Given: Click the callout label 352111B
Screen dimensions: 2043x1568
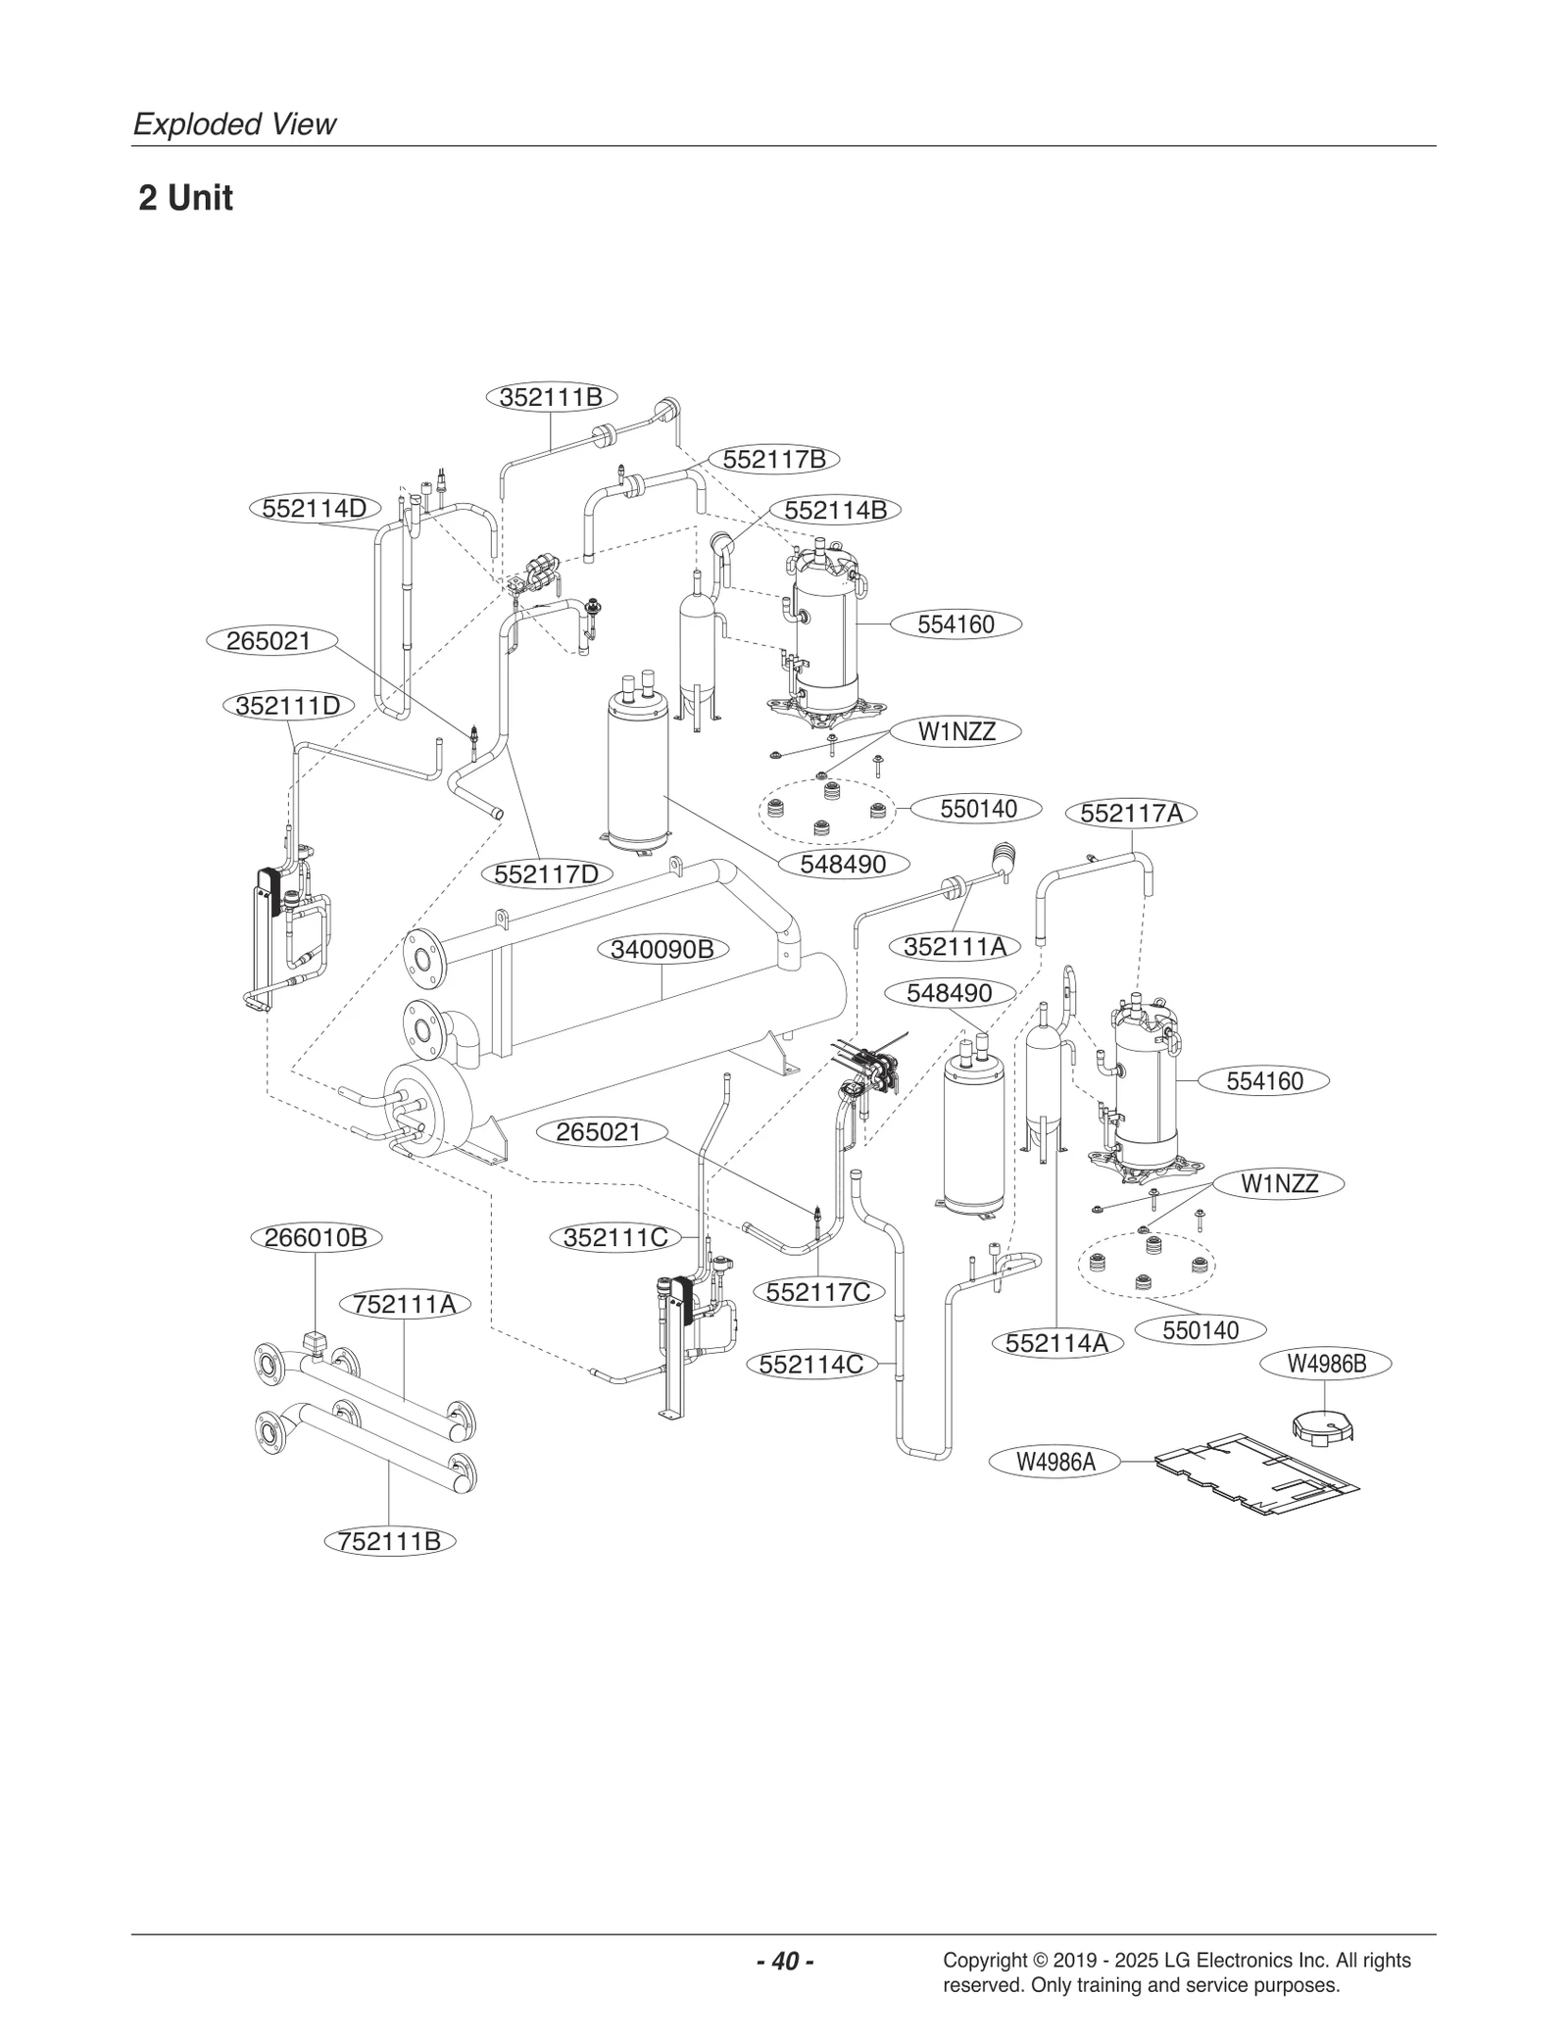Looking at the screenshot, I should click(551, 397).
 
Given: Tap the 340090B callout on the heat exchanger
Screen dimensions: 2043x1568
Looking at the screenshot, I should click(662, 949).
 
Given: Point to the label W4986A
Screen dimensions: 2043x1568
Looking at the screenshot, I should click(1054, 1462).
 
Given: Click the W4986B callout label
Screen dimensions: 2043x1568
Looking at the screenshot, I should click(1325, 1363).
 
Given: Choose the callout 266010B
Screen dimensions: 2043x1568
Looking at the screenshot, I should click(316, 1237).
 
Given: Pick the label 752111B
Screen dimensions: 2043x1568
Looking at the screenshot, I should click(389, 1541).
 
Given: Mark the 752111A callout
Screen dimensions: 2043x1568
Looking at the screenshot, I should click(405, 1304).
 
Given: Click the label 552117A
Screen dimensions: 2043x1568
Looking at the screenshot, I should click(1131, 814).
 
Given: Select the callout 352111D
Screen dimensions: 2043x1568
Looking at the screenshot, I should click(287, 705).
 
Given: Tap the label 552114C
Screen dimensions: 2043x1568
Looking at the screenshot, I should click(811, 1364).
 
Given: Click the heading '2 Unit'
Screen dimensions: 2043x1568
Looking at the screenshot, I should click(185, 198).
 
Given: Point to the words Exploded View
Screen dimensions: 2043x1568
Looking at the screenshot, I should click(234, 125).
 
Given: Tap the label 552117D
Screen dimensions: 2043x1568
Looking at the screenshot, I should click(547, 873).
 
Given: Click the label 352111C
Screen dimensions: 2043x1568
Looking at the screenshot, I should click(615, 1237).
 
